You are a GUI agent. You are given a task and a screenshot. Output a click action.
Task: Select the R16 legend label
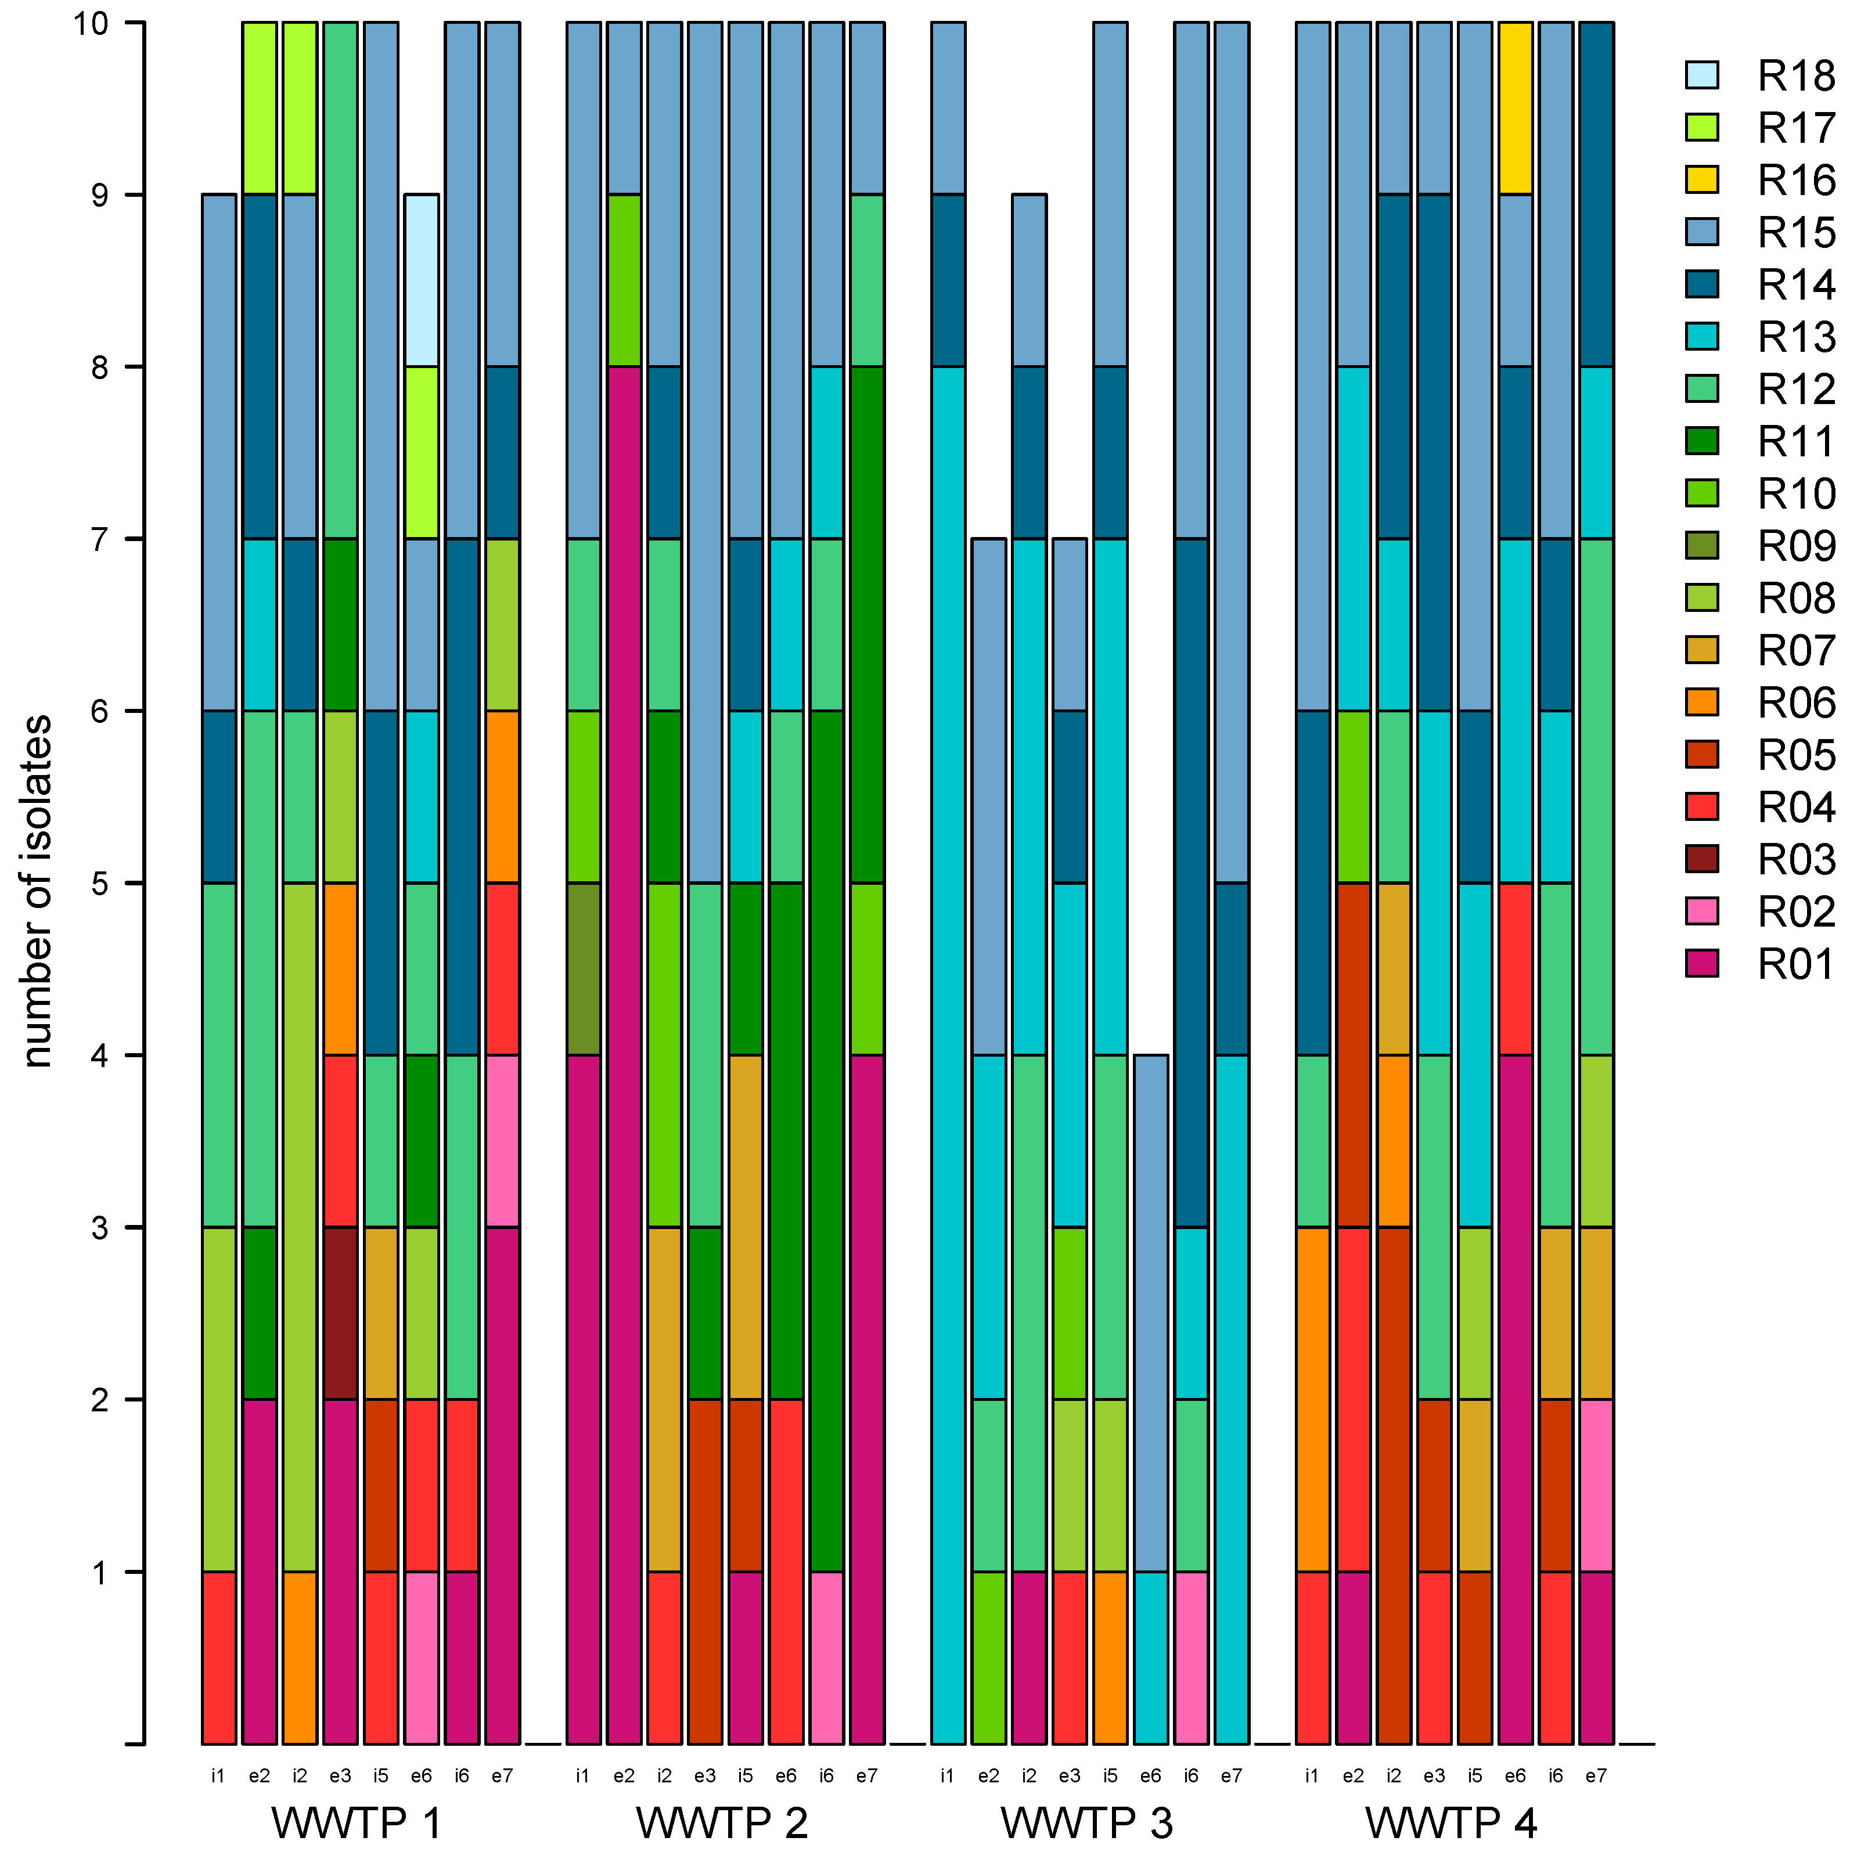(x=1795, y=180)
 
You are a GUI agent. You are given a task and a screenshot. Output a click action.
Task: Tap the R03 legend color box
(x=1701, y=859)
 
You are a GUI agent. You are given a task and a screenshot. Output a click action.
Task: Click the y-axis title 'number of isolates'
(x=38, y=892)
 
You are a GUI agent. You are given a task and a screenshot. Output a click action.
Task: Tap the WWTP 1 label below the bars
(x=357, y=1822)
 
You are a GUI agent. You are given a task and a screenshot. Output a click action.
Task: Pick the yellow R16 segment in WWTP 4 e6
(x=1514, y=109)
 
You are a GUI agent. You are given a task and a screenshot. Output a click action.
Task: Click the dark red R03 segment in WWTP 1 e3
(x=340, y=1313)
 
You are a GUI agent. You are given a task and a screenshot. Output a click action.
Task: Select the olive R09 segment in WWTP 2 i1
(x=583, y=969)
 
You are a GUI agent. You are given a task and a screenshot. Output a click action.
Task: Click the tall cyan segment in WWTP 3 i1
(x=948, y=1054)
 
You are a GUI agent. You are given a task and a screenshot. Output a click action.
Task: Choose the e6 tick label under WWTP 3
(x=1150, y=1777)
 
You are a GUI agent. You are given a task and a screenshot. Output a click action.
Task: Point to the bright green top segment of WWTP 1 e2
(x=259, y=109)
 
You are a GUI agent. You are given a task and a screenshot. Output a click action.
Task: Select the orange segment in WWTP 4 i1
(x=1312, y=1400)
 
